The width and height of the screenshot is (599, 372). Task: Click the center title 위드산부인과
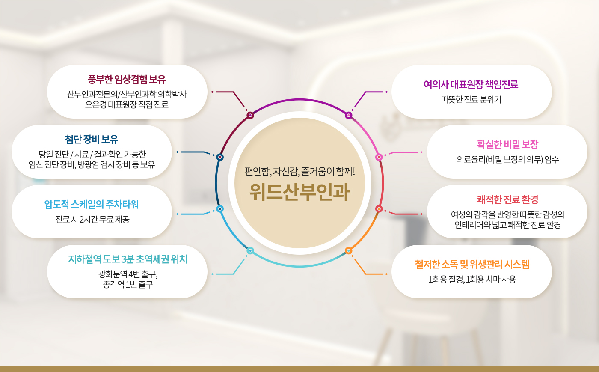(x=299, y=192)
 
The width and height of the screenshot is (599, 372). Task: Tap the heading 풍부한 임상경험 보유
(x=127, y=79)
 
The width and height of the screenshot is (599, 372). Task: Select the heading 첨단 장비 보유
(x=92, y=139)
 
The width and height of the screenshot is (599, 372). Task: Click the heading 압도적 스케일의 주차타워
(x=92, y=205)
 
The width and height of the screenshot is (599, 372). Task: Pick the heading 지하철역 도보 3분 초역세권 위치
(x=128, y=259)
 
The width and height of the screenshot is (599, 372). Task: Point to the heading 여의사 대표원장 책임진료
(x=471, y=84)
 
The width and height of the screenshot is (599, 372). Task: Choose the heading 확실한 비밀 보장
(x=507, y=144)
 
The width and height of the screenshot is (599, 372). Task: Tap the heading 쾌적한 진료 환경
(x=507, y=199)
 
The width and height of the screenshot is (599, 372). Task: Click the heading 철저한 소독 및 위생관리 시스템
(x=472, y=265)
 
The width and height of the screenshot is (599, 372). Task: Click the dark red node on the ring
(x=250, y=115)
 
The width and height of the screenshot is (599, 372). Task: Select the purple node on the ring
(x=348, y=115)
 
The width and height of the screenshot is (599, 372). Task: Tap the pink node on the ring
(x=379, y=157)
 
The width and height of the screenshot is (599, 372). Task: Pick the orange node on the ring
(x=348, y=251)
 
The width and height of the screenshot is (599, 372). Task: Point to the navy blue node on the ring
(x=220, y=157)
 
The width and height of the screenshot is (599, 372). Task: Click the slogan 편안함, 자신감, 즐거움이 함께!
(x=299, y=171)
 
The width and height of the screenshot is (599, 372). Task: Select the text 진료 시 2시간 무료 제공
(x=92, y=220)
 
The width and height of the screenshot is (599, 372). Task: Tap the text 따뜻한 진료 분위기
(x=471, y=100)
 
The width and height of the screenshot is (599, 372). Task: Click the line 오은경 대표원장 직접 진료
(x=127, y=104)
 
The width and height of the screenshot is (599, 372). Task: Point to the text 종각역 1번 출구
(x=128, y=284)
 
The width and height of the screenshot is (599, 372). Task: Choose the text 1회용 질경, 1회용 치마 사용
(x=472, y=280)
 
